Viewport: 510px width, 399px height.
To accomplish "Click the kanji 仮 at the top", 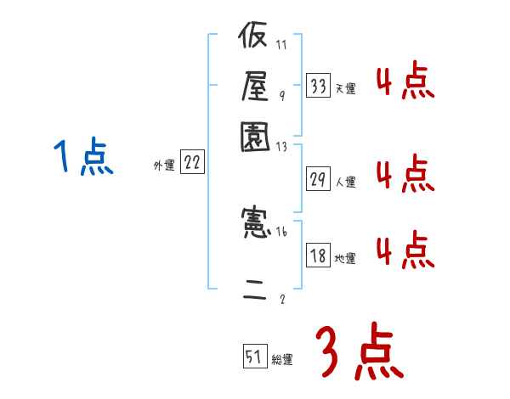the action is (254, 38).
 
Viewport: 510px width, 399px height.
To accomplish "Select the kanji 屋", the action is (254, 85).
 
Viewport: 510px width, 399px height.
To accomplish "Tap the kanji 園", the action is (254, 135).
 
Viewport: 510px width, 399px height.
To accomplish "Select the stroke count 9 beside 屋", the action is (281, 95).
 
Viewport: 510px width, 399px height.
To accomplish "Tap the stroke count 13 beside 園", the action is (282, 146).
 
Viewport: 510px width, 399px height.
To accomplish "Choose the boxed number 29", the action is (318, 178).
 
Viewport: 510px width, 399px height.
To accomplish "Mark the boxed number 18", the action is (318, 256).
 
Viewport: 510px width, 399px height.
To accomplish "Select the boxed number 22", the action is (192, 164).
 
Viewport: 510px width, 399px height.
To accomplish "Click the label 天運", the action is (345, 88).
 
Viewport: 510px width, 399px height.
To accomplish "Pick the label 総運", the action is (282, 360).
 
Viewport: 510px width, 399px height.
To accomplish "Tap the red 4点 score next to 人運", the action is (405, 174).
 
